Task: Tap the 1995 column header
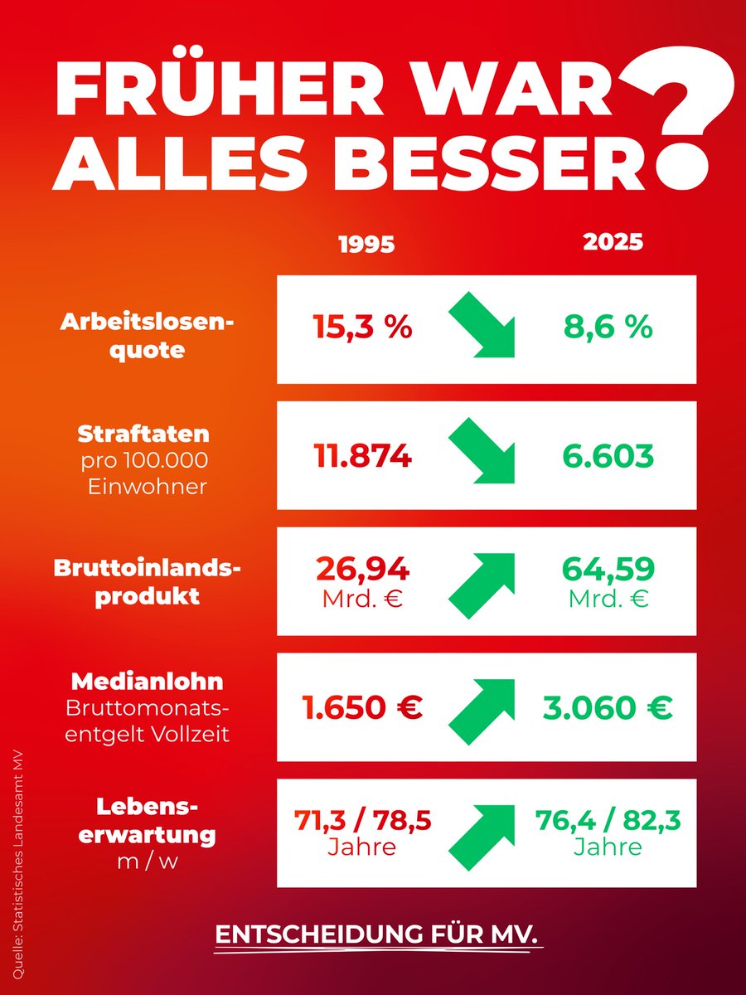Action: [x=367, y=245]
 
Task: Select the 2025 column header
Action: [x=613, y=242]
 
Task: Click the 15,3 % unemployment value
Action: [x=363, y=328]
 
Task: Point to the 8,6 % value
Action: [x=608, y=328]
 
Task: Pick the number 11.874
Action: [x=363, y=455]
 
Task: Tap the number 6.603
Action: [x=608, y=455]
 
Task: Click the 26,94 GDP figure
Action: [x=363, y=570]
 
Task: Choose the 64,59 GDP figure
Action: [x=608, y=570]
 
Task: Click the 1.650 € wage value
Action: [x=362, y=707]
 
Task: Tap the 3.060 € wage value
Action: [x=608, y=707]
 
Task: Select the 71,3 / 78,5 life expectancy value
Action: [x=363, y=821]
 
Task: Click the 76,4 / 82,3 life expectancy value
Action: [x=608, y=821]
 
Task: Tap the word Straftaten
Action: [x=143, y=434]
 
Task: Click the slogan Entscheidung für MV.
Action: [x=377, y=934]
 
